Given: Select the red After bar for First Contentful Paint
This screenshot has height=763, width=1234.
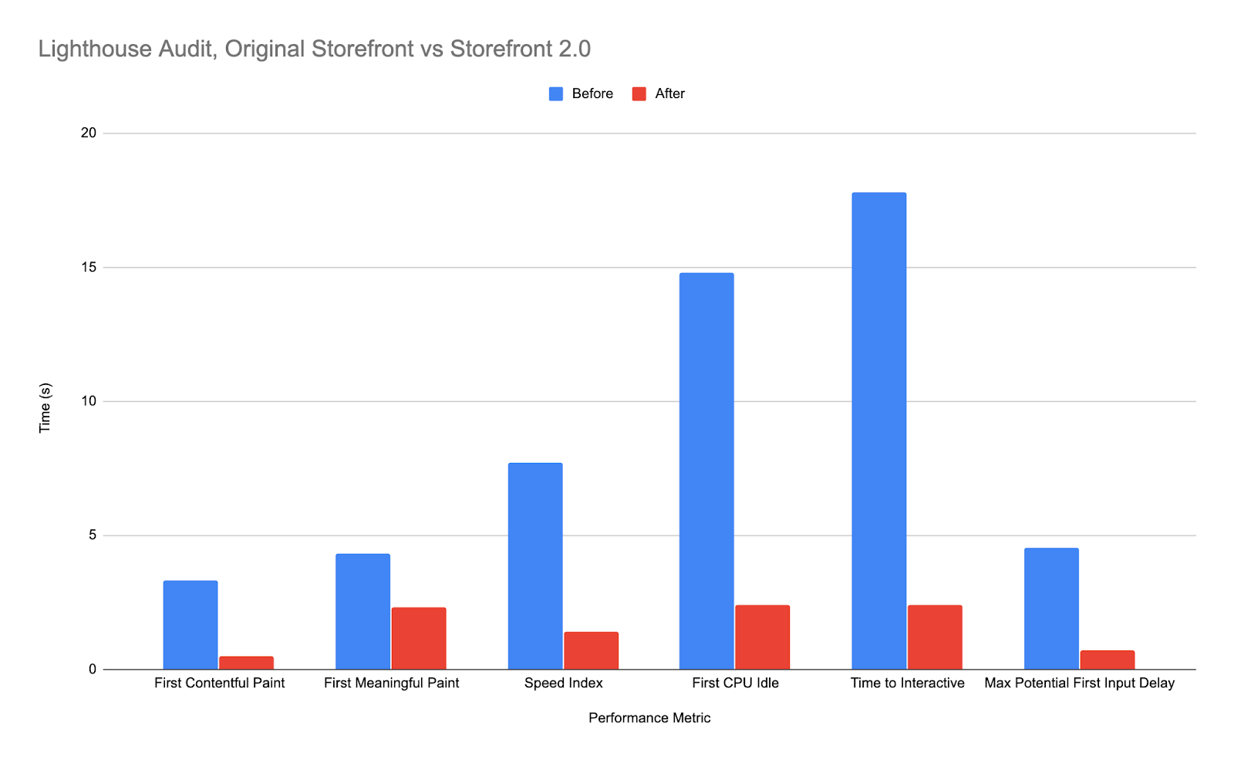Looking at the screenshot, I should (x=246, y=663).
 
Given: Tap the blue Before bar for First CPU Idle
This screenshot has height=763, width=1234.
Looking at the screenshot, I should (x=706, y=471).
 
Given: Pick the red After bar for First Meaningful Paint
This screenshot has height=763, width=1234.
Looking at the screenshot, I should (x=419, y=638).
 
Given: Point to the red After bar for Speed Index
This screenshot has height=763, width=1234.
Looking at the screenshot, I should (x=591, y=650).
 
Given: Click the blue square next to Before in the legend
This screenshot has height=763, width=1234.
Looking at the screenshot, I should (x=556, y=94).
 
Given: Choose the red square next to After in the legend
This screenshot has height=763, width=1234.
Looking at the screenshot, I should (x=639, y=94).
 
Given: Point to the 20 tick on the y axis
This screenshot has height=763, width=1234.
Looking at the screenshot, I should (x=89, y=133).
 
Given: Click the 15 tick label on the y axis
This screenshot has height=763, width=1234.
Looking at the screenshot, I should (x=89, y=268).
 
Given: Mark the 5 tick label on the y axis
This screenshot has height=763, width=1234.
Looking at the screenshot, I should (x=93, y=535).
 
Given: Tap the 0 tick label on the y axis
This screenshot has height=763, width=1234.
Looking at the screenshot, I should (x=93, y=670).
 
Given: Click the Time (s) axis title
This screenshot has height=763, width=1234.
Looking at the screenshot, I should (x=45, y=407).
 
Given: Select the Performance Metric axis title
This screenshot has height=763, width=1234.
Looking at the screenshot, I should (x=649, y=718).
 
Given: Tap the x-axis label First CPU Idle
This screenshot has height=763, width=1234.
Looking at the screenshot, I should (x=735, y=684).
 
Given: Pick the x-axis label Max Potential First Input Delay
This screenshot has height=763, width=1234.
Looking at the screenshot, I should (x=1079, y=684).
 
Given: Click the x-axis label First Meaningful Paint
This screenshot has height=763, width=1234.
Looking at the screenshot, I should (x=391, y=684).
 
